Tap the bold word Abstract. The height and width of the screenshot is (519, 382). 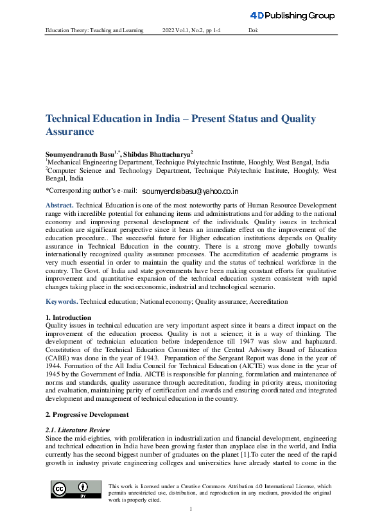coord(60,204)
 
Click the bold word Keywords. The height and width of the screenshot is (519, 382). coord(62,301)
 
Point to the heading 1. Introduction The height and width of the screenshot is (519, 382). coord(68,317)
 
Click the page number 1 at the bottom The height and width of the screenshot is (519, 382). coord(191,509)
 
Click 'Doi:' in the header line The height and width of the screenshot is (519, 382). coord(253,31)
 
